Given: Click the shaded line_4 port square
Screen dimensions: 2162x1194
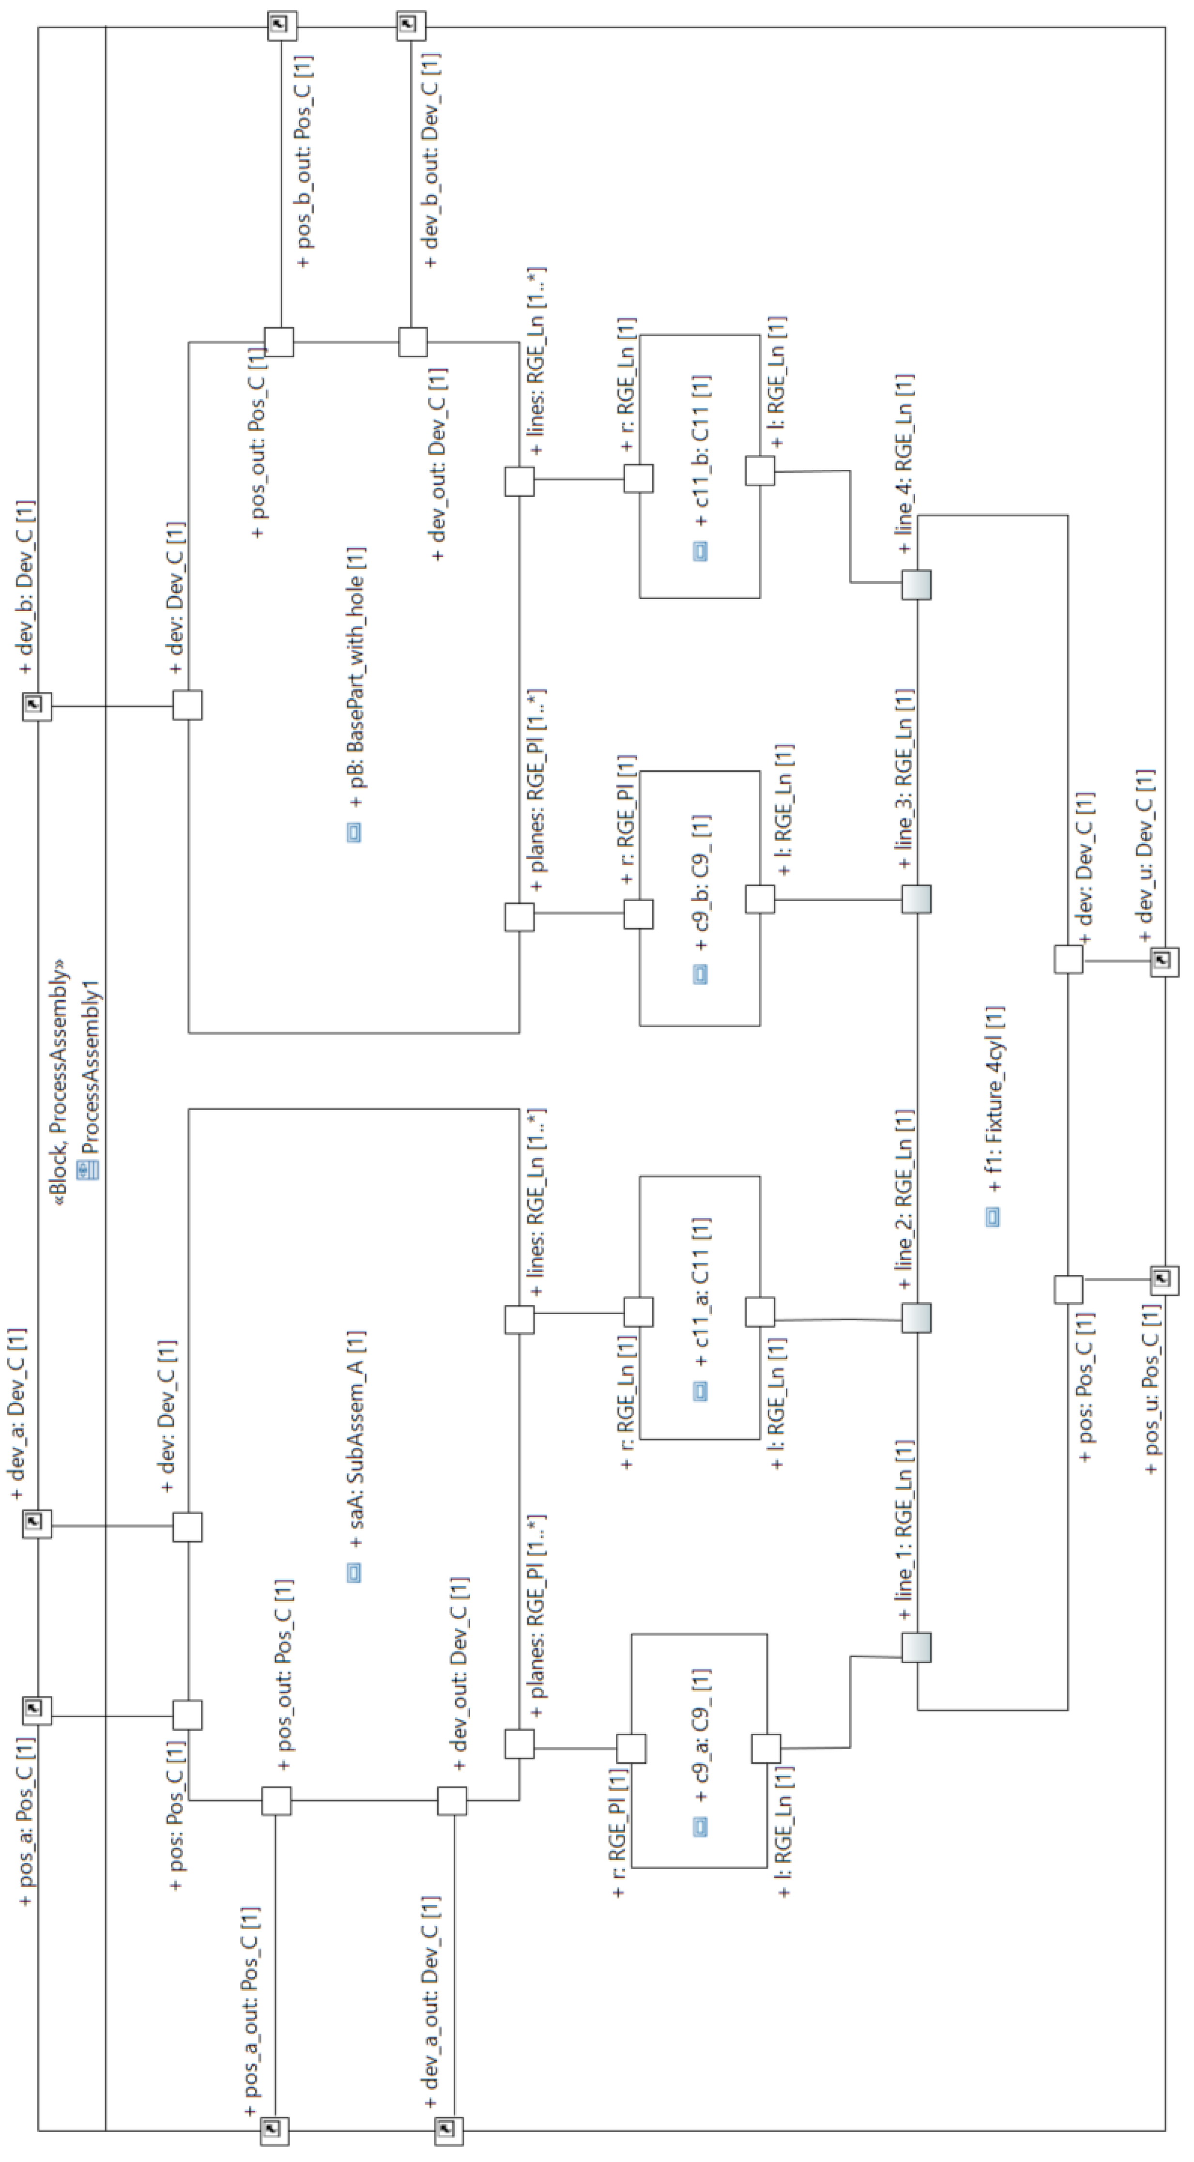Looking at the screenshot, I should [x=916, y=585].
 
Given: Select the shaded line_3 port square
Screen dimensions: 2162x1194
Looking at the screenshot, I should [x=916, y=900].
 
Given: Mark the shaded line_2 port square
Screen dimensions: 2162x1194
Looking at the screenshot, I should [x=916, y=1318].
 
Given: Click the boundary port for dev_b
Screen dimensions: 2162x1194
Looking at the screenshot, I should [x=37, y=706].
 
